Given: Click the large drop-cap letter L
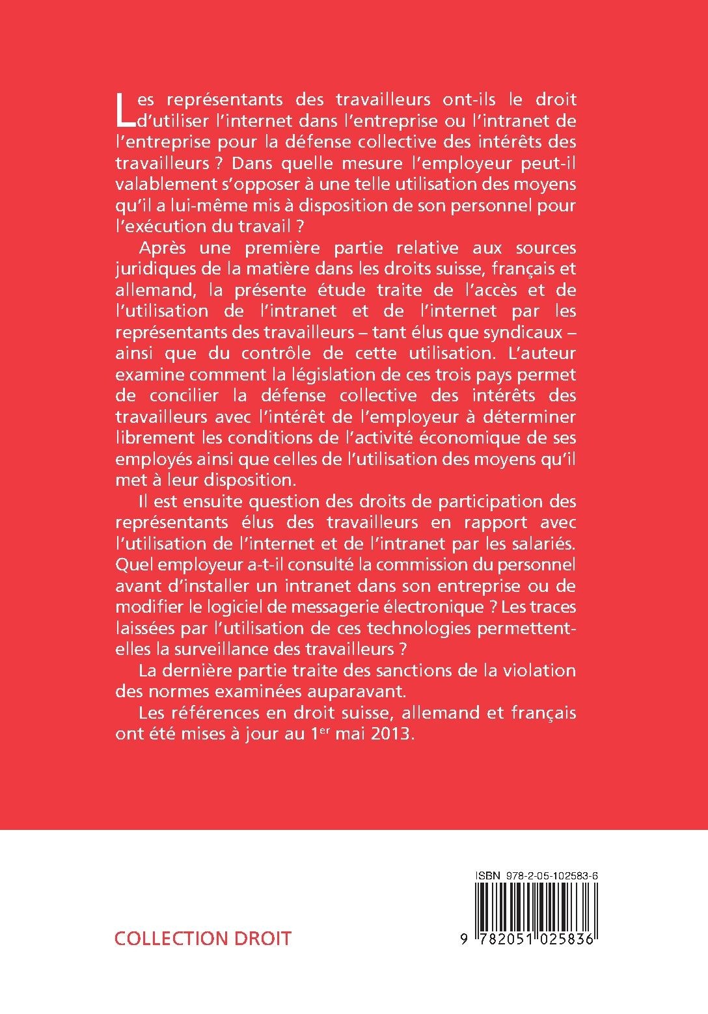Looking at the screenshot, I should (122, 110).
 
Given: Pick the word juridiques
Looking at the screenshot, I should (150, 269).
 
